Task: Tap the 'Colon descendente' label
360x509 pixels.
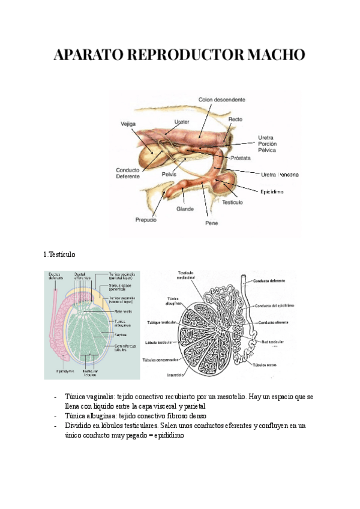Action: [x=221, y=100]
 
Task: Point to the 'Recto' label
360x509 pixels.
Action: [x=235, y=119]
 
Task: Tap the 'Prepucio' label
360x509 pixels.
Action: [x=146, y=220]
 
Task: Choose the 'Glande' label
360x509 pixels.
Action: [x=185, y=209]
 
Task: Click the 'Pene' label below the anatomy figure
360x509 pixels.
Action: [x=211, y=223]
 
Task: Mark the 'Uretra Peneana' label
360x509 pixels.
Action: [x=279, y=175]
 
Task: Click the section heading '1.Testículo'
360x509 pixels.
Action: [x=59, y=254]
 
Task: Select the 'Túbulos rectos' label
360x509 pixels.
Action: [x=268, y=364]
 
